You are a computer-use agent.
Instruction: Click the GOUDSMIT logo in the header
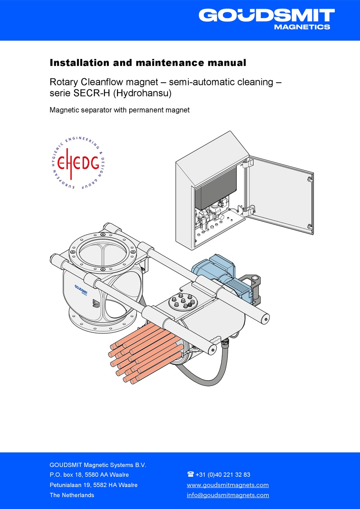[266, 16]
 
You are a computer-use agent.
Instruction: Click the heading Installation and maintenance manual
[148, 63]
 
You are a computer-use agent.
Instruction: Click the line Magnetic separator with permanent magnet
[119, 110]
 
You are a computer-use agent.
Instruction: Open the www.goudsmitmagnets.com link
[228, 485]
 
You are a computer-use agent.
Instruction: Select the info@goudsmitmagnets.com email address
[228, 495]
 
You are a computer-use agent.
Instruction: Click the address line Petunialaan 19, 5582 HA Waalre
[94, 485]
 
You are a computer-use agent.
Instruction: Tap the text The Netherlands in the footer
[72, 495]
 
